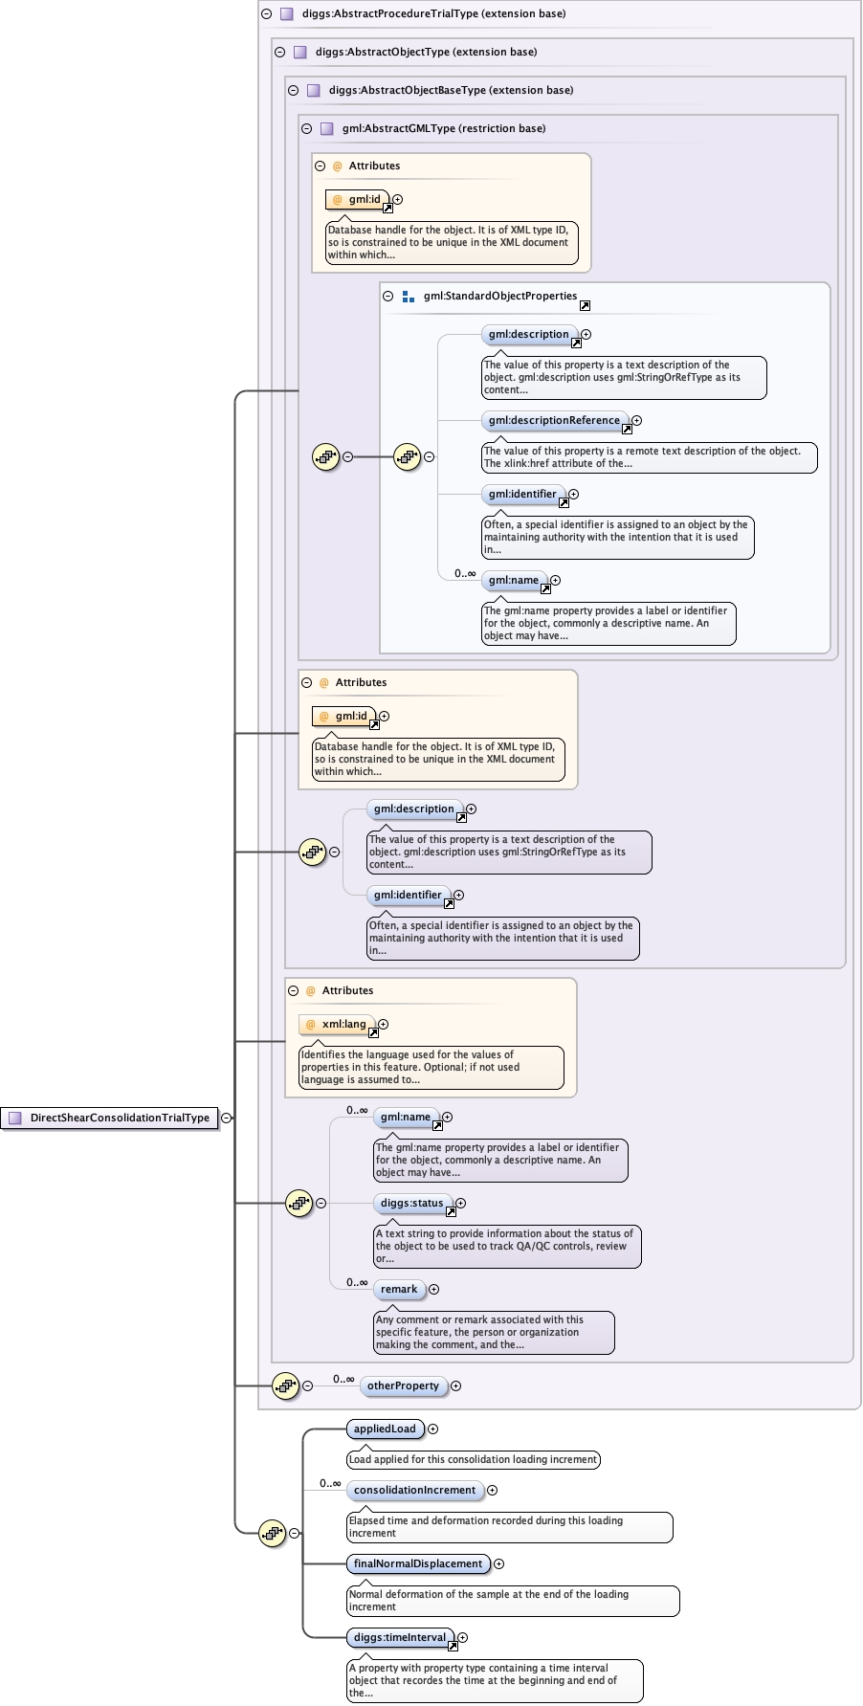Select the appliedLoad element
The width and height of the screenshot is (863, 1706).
point(385,1429)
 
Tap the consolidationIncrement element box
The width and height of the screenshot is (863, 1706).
point(414,1490)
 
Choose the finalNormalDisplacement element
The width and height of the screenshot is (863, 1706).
point(417,1563)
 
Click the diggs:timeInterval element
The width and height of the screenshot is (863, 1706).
point(400,1637)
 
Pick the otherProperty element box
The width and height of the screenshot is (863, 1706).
point(403,1385)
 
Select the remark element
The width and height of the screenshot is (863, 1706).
point(399,1289)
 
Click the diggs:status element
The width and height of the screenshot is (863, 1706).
point(411,1203)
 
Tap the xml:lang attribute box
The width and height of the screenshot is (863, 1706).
point(343,1024)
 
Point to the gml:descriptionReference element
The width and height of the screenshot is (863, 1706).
point(554,420)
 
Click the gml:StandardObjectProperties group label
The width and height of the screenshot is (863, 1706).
point(499,296)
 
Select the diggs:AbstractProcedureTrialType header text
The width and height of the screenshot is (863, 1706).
point(433,14)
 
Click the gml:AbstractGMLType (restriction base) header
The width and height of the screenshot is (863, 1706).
point(443,128)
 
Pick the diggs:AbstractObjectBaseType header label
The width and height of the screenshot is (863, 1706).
point(451,90)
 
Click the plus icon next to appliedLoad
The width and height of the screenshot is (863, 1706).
point(432,1429)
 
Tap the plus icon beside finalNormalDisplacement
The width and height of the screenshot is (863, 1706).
point(498,1563)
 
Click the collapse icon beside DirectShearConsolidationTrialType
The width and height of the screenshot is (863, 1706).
point(227,1118)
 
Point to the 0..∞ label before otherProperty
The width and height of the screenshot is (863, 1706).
point(343,1379)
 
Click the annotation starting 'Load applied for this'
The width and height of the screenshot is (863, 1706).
point(473,1459)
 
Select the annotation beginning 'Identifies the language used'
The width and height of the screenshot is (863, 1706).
point(431,1067)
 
